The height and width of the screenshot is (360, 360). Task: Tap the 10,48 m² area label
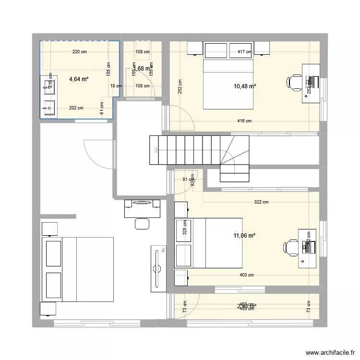(244, 86)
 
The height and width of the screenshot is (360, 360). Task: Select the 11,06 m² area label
(244, 235)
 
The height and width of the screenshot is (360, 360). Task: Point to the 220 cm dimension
(79, 52)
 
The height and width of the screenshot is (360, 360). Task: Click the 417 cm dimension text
(245, 52)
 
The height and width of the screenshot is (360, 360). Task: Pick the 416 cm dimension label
(245, 121)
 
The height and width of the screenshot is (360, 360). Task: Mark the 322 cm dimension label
(262, 202)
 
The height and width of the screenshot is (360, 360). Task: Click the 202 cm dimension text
(76, 108)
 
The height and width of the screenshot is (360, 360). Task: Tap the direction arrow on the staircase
(157, 150)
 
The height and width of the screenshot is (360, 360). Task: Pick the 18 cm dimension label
(116, 86)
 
